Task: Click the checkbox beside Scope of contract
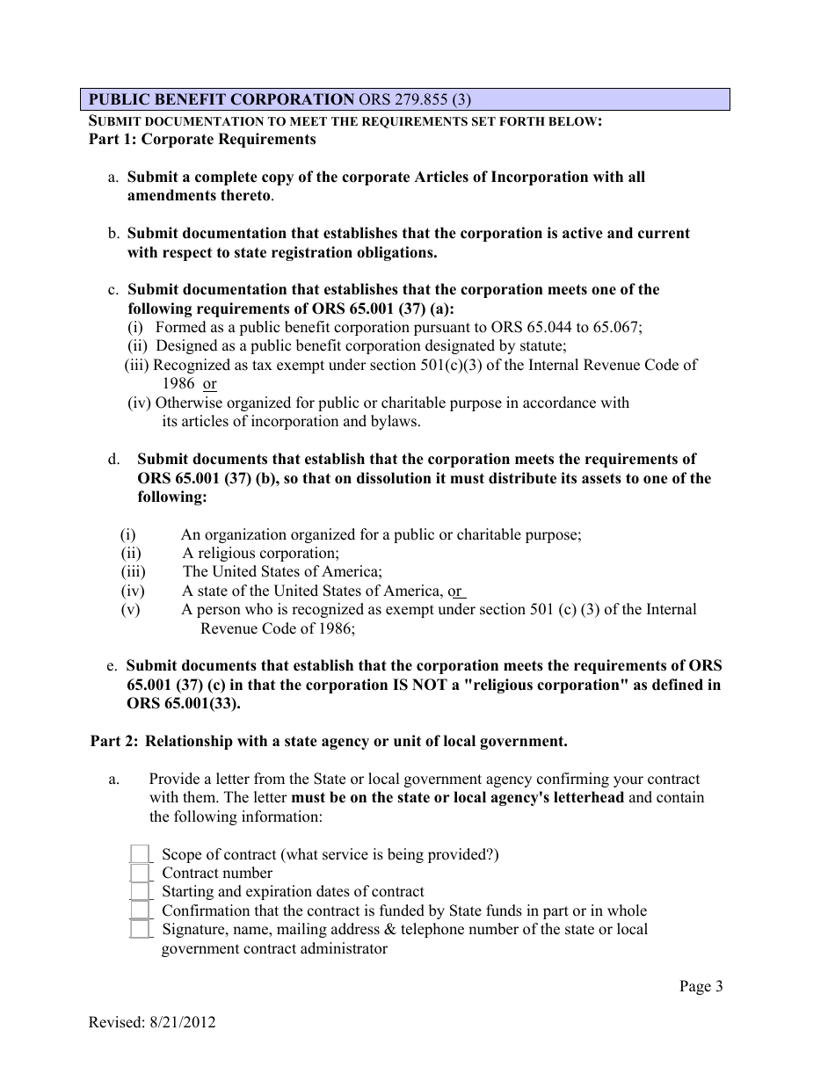tap(140, 854)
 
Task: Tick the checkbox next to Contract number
tap(140, 874)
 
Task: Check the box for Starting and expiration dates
tap(140, 892)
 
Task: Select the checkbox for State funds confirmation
tap(140, 911)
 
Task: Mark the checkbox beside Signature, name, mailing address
tap(140, 930)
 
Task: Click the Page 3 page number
tap(701, 986)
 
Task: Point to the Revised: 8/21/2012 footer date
tap(152, 1022)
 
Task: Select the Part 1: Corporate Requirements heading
tap(202, 139)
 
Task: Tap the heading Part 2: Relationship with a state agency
tap(329, 741)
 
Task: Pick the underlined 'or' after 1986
tap(209, 384)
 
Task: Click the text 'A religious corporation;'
tap(260, 553)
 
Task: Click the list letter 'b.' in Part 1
tap(114, 234)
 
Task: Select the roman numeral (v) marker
tap(130, 610)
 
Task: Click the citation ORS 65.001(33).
tap(183, 704)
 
